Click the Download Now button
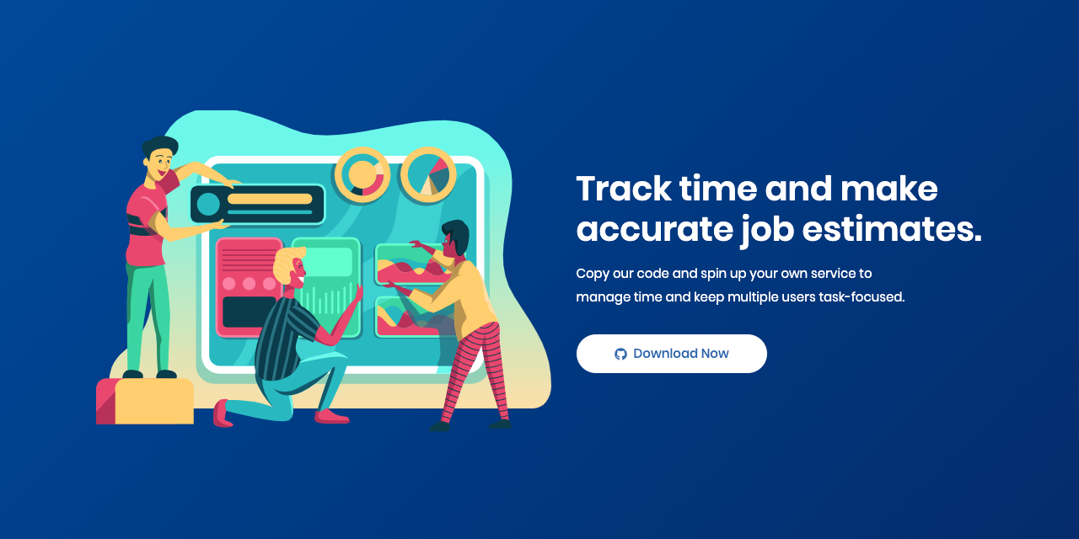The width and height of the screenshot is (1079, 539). (x=671, y=354)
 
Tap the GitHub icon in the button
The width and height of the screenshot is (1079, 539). (x=620, y=354)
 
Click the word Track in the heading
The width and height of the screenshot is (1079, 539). (x=622, y=189)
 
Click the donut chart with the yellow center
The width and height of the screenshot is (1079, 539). (x=362, y=175)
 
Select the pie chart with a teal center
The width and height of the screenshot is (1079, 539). (x=428, y=175)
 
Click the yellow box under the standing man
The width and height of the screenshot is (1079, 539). (x=154, y=402)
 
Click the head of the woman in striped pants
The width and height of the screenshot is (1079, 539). (x=454, y=238)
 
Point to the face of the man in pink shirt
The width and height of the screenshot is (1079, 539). (x=161, y=163)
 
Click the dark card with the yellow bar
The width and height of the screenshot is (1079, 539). (x=258, y=205)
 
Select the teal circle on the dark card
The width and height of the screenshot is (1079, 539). (x=208, y=205)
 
